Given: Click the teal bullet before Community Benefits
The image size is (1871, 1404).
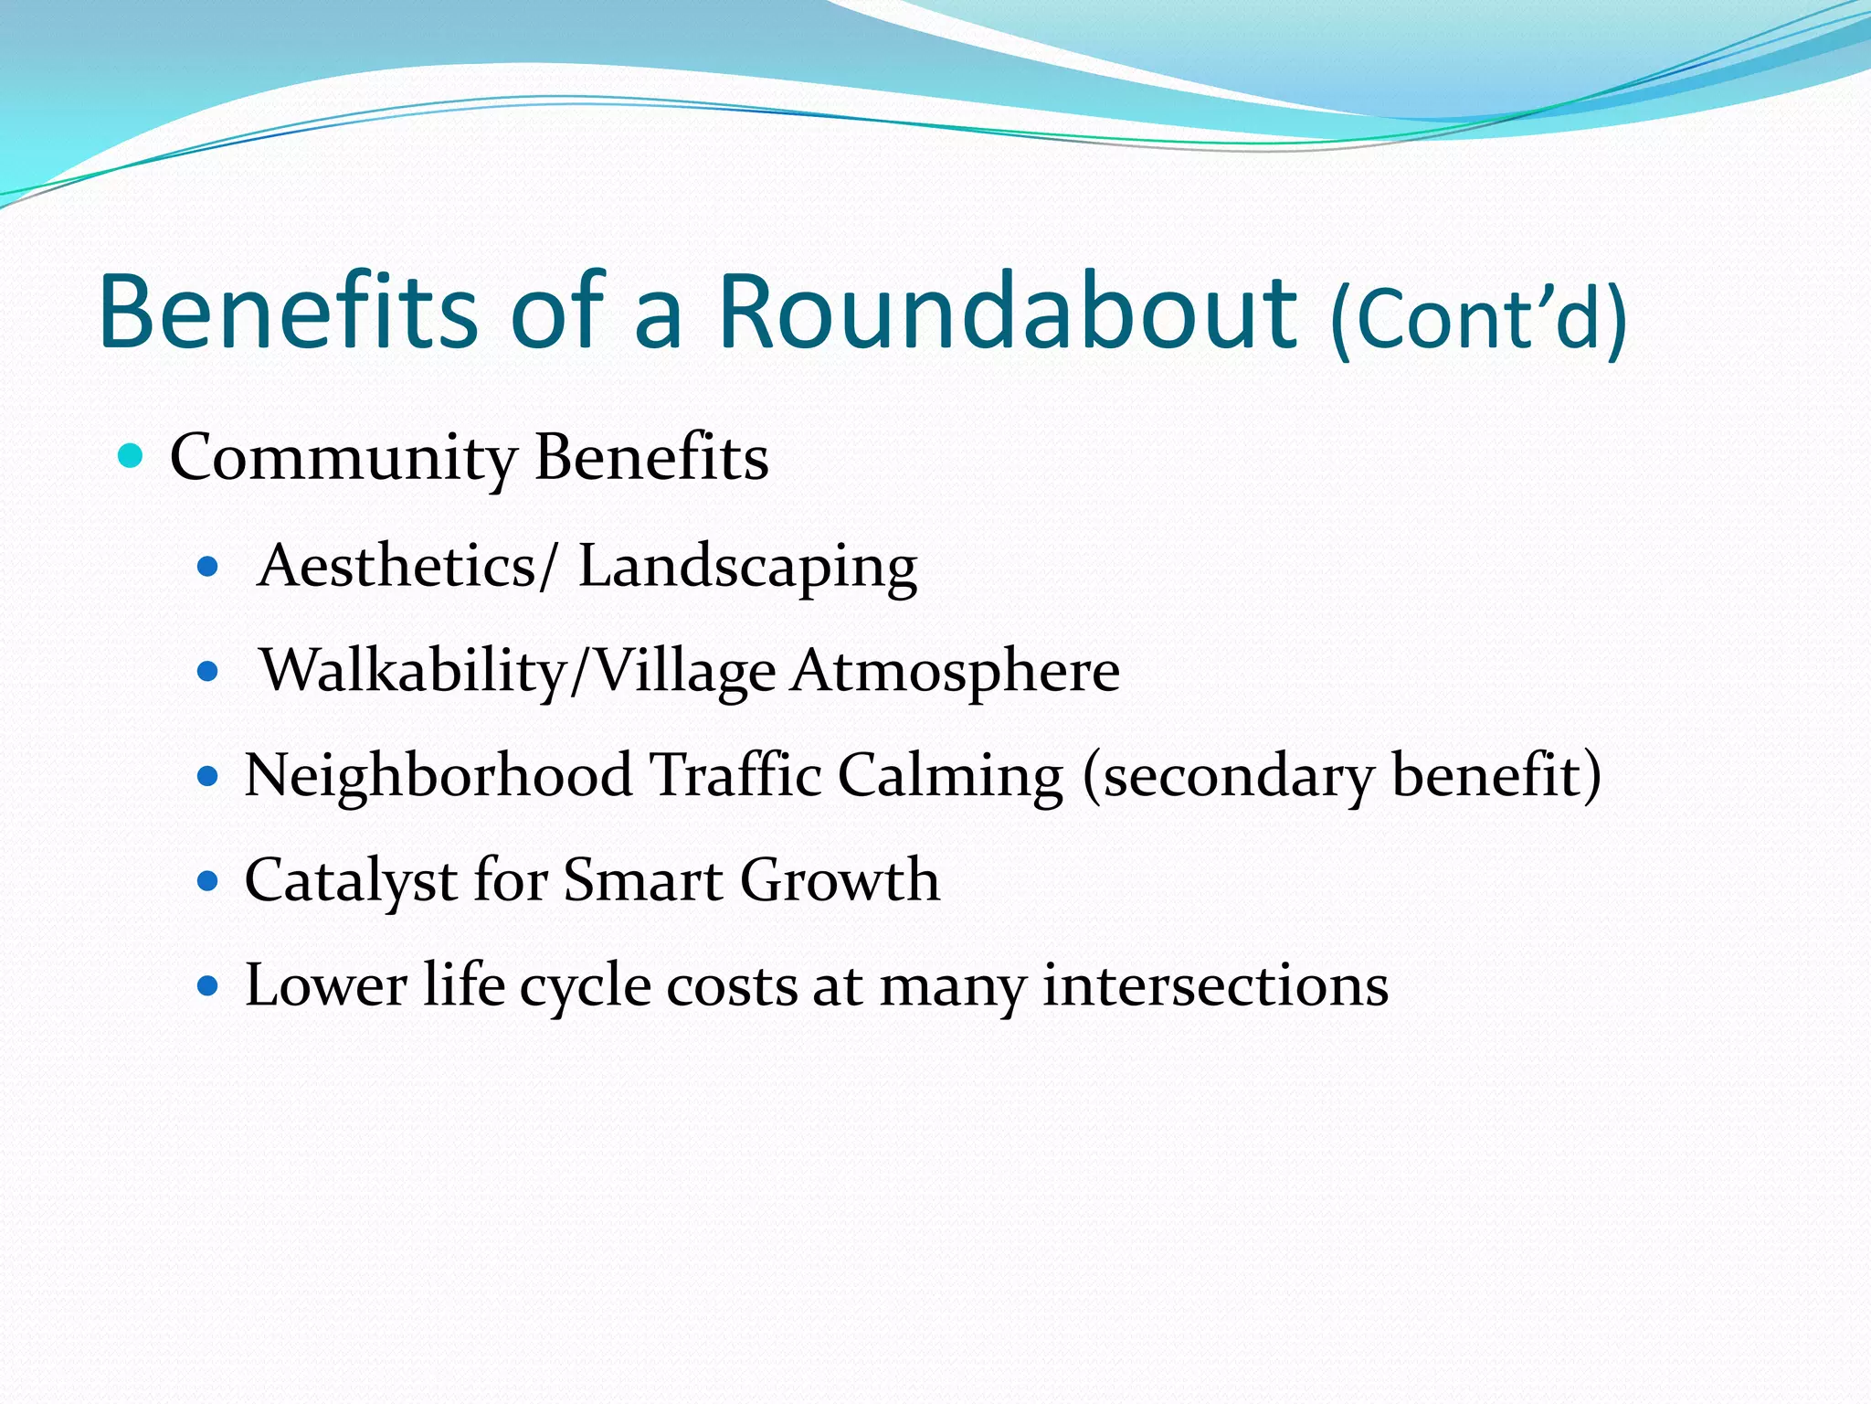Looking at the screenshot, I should coord(132,454).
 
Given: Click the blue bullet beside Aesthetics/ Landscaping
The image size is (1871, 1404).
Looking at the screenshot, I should coord(208,568).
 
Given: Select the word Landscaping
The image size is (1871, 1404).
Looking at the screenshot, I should coord(747,568).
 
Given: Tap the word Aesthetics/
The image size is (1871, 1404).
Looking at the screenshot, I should coord(407,566).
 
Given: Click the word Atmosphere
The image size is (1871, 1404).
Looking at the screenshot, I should coord(956,672).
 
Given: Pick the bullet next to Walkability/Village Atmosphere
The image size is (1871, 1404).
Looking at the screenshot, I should coord(208,673).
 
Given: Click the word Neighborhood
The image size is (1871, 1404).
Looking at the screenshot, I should coord(439,776).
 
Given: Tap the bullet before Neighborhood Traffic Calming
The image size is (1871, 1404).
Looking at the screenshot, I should coord(208,778).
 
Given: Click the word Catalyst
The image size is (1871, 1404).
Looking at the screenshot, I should coord(351,882).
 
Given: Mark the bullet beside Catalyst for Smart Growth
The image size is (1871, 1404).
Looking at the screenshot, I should coord(208,882).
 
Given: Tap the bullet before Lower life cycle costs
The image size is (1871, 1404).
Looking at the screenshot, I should coord(208,986).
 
